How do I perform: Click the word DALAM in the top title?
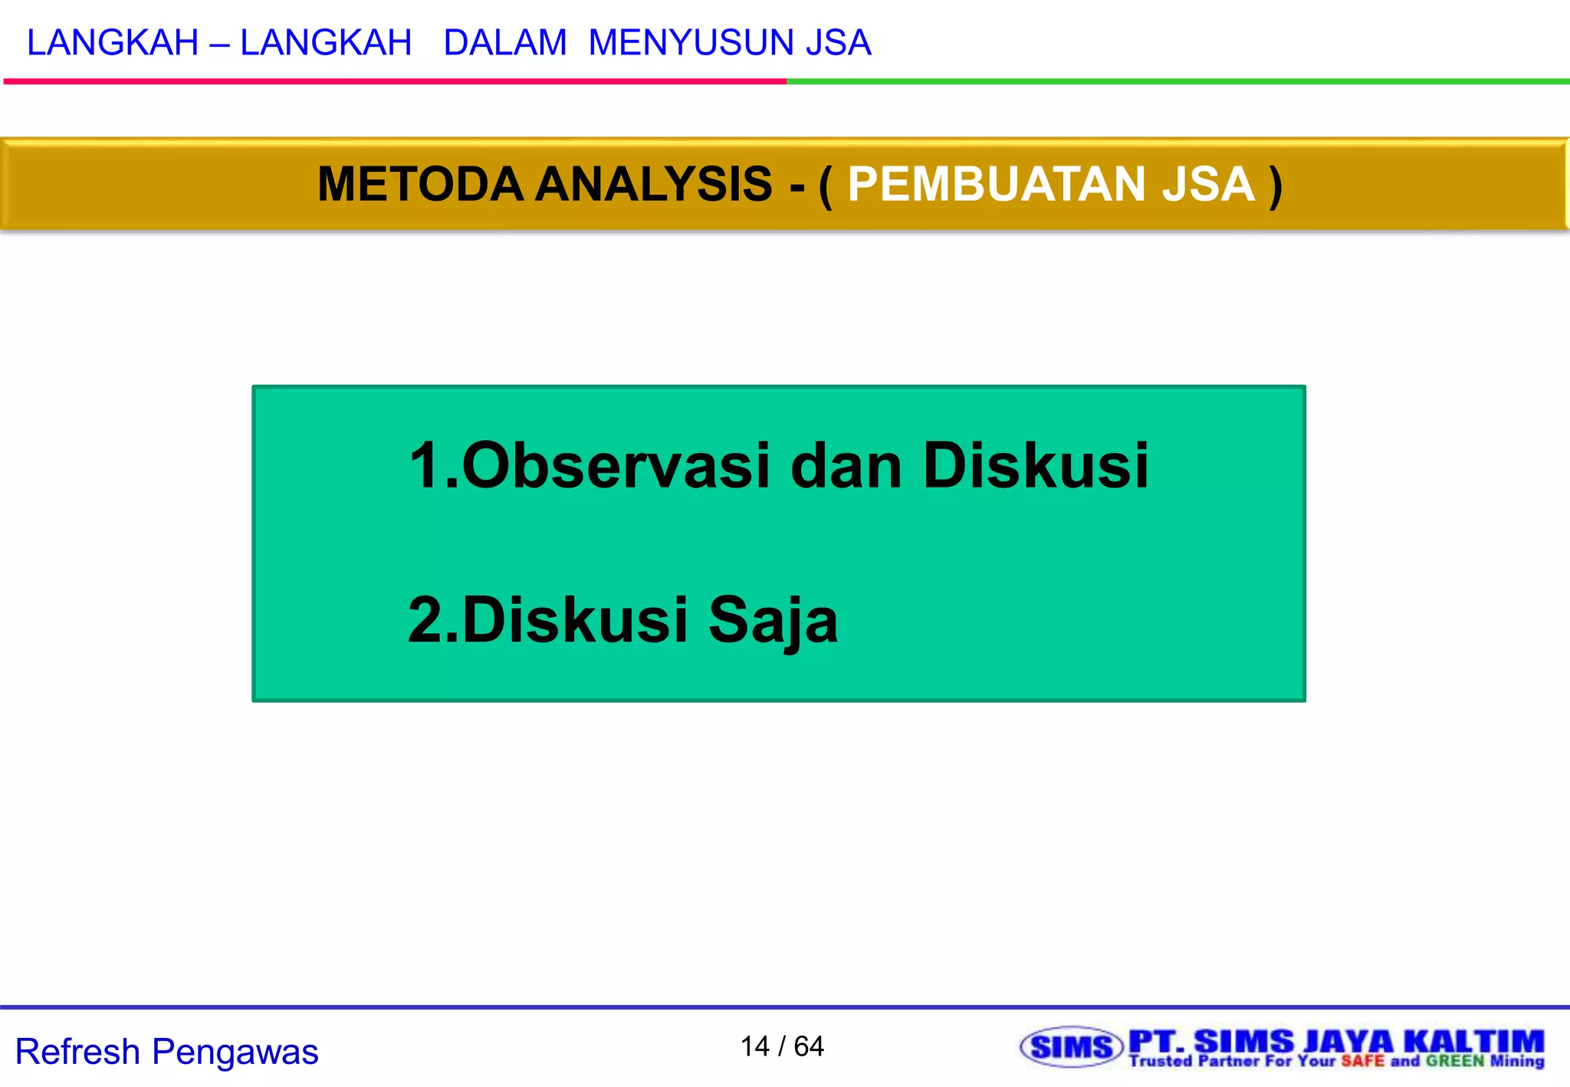click(x=504, y=43)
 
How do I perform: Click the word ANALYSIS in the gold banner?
click(x=653, y=185)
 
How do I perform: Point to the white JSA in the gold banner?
click(x=1208, y=185)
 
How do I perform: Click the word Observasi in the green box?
click(x=616, y=466)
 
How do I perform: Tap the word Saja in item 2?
click(x=773, y=620)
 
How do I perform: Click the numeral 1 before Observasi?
click(x=425, y=466)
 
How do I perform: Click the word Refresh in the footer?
click(x=77, y=1052)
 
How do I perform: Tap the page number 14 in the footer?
click(x=754, y=1046)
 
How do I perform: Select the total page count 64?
click(x=809, y=1046)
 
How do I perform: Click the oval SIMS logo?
click(x=1071, y=1047)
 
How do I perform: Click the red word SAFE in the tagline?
click(x=1362, y=1062)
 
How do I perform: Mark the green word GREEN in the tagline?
click(x=1455, y=1062)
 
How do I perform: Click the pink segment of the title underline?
click(x=395, y=81)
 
